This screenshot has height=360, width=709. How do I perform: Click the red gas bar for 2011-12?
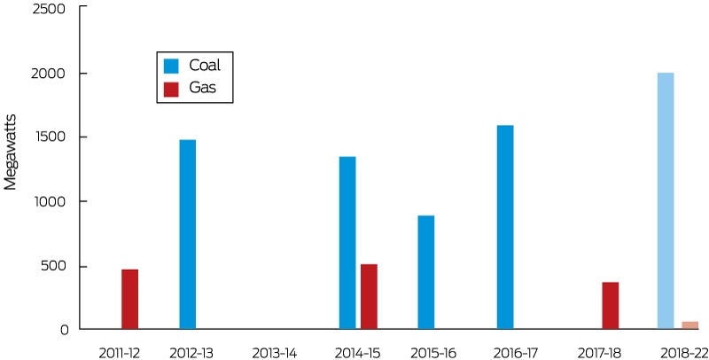click(x=129, y=300)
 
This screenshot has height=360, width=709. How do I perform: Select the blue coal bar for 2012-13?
click(x=188, y=234)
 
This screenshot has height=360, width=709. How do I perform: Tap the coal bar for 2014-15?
click(x=347, y=243)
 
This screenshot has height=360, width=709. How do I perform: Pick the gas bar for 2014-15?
click(x=369, y=297)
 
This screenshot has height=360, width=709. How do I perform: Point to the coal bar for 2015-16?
click(x=426, y=272)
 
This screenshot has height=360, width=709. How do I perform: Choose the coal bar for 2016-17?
click(x=505, y=227)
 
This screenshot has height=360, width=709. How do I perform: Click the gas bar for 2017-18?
click(x=611, y=306)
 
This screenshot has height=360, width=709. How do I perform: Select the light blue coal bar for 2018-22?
click(x=666, y=200)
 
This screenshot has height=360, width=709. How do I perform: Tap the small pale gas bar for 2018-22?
click(x=690, y=325)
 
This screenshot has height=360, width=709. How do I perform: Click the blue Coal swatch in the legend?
click(x=171, y=66)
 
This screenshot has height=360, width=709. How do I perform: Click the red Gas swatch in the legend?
click(x=171, y=89)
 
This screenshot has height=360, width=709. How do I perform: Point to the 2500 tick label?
click(x=49, y=9)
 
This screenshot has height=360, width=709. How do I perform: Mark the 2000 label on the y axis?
click(x=49, y=74)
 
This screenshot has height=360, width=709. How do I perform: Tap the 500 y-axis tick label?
click(x=54, y=266)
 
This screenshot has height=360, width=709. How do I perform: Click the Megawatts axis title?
click(x=10, y=153)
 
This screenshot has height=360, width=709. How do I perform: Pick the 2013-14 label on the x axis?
click(x=275, y=353)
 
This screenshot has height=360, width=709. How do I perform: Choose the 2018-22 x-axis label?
click(x=684, y=353)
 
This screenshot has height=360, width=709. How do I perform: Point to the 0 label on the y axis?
click(x=64, y=330)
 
